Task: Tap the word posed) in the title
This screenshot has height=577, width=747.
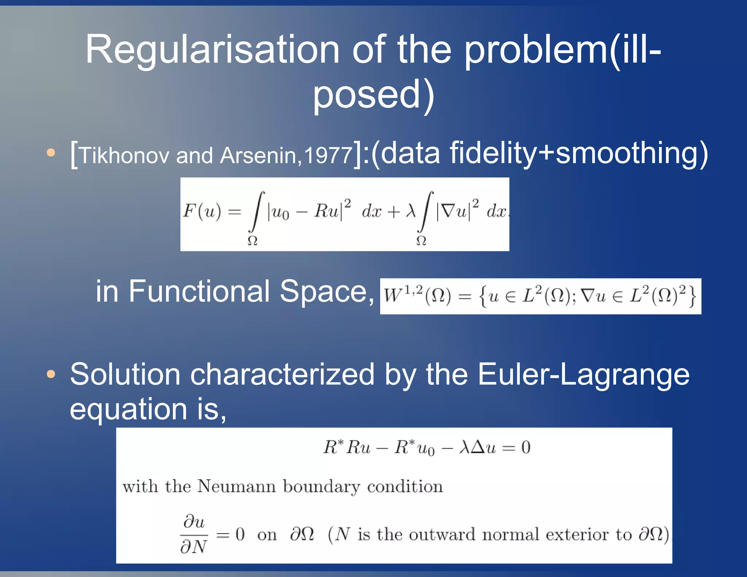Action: [373, 95]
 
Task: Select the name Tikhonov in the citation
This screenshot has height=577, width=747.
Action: [124, 155]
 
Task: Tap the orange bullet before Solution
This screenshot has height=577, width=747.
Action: [51, 374]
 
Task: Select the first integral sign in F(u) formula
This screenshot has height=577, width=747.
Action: [257, 212]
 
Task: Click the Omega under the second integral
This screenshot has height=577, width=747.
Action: [421, 241]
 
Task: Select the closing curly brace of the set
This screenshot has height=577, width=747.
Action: [692, 296]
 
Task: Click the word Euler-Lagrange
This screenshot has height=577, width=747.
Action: [583, 374]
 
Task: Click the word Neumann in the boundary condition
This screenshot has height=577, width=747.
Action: [236, 487]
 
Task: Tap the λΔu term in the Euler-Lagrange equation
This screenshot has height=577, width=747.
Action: [478, 447]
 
